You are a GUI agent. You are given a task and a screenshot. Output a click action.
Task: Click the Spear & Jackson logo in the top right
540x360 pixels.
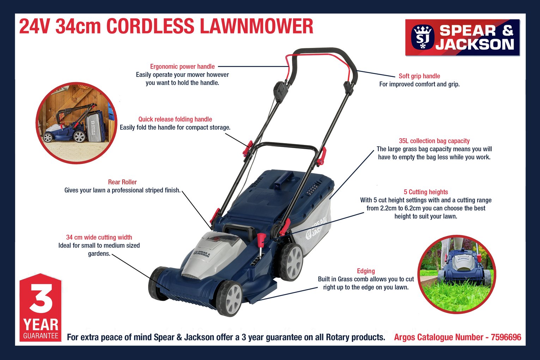point(462,37)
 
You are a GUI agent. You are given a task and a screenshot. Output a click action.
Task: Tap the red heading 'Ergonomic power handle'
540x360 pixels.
point(182,67)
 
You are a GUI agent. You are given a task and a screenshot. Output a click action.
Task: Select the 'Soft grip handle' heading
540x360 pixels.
point(419,76)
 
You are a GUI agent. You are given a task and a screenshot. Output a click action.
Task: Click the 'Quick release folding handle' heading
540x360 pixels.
point(175,119)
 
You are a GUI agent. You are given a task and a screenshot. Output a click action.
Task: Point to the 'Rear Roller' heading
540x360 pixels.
point(122,182)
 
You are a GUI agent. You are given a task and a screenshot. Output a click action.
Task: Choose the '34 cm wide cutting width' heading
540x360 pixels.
point(99,237)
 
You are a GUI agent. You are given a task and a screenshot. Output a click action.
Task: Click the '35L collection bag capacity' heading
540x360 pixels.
point(434,141)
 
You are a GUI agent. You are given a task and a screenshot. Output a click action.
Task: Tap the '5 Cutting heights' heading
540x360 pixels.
point(426,192)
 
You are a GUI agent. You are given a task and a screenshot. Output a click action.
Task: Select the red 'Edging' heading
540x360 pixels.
point(366,271)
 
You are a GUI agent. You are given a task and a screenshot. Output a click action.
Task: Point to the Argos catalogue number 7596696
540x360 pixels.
point(506,337)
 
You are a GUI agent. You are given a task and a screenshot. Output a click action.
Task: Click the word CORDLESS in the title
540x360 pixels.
point(150,26)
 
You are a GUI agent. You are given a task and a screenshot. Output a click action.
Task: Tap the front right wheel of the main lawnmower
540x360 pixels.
point(230,298)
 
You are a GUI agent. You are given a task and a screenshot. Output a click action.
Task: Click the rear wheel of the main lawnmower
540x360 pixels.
point(291,262)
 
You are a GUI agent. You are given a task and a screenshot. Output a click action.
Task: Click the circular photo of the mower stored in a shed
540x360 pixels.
point(77,123)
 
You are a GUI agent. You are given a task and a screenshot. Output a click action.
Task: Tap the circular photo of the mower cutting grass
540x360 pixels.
point(457,274)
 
